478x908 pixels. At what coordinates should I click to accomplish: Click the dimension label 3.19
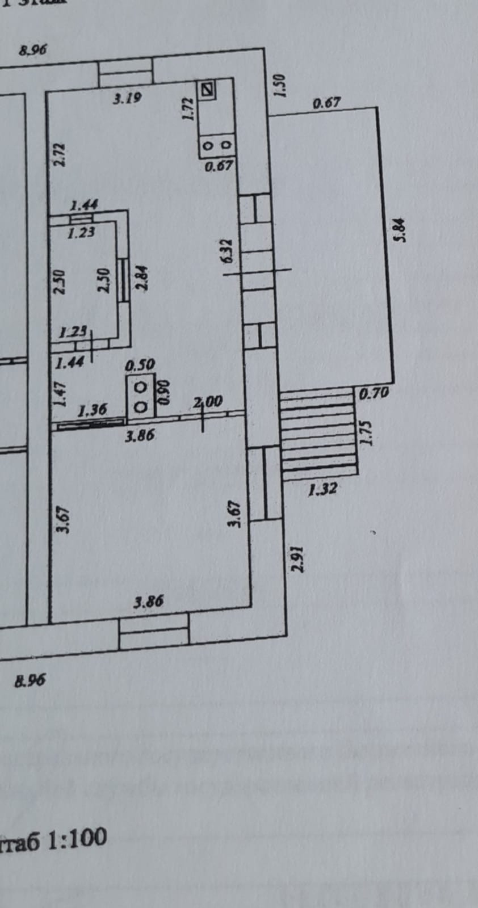127,99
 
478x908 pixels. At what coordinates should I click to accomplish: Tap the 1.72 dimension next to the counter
189,108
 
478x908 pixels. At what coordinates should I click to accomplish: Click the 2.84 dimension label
142,279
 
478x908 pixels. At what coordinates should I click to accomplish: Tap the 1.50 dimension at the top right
280,86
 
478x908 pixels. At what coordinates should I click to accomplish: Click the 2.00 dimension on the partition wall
208,402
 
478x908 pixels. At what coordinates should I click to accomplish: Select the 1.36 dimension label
92,409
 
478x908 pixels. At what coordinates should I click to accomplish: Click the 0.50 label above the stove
140,365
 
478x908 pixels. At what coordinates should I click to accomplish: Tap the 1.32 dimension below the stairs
322,488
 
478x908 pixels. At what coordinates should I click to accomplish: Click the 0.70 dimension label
374,392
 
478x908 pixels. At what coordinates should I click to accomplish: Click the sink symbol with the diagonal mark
208,89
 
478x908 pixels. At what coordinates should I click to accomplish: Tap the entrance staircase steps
318,429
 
